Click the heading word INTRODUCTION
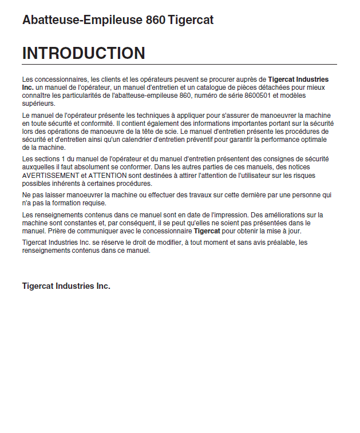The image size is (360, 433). tap(84, 53)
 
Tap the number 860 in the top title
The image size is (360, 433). tap(156, 20)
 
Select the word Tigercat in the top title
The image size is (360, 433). tap(191, 20)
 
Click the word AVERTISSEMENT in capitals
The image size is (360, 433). tap(50, 176)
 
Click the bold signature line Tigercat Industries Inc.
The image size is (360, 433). tap(66, 286)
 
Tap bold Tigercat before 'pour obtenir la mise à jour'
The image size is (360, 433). tap(207, 231)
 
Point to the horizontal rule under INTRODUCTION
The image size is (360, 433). tap(179, 65)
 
